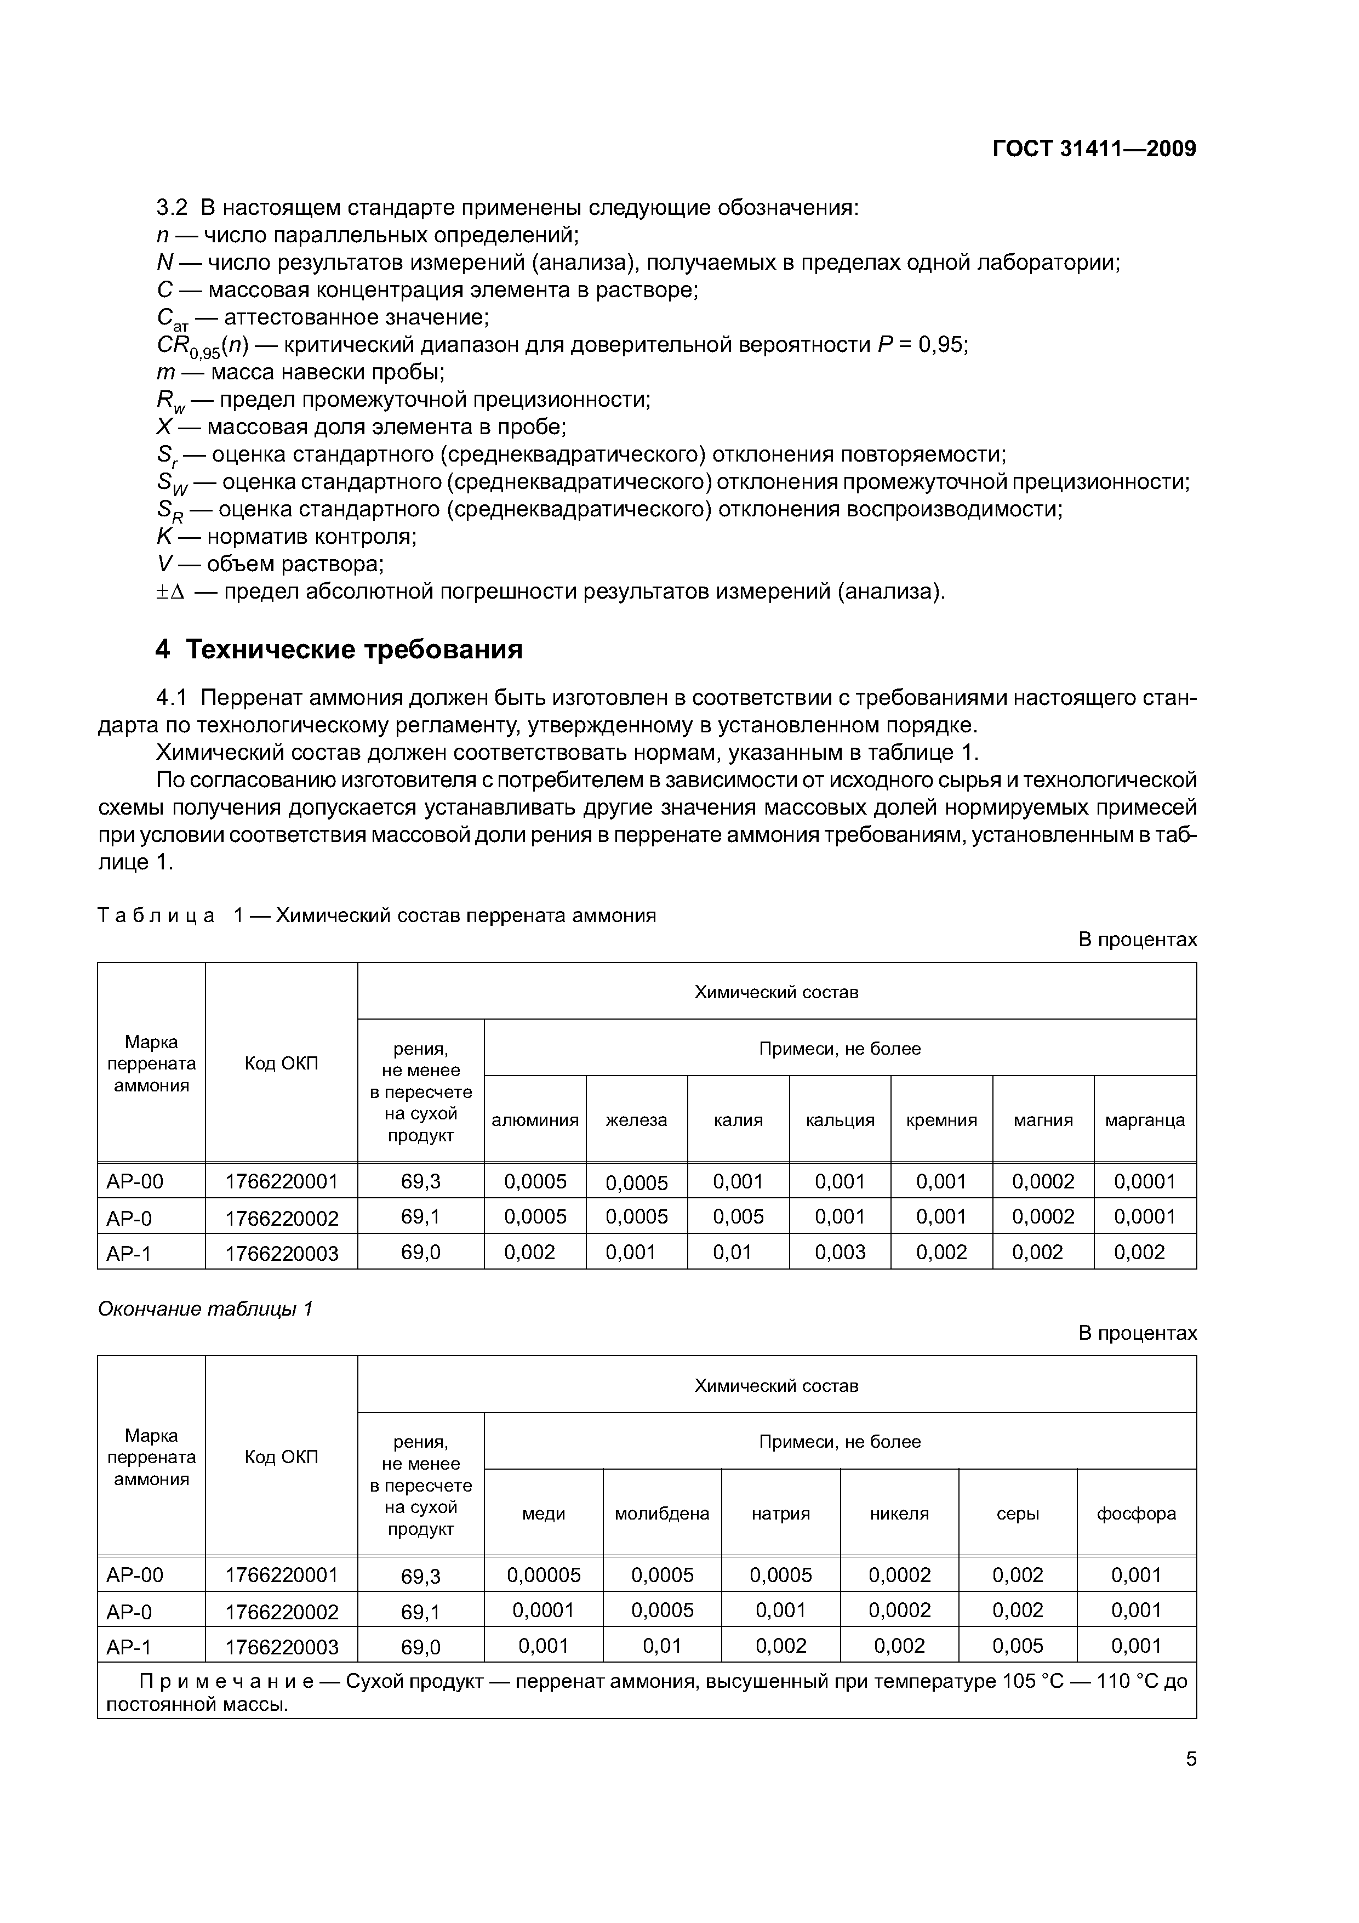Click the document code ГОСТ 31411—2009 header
tap(1094, 149)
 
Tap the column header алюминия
tap(534, 1120)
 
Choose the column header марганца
tap(1145, 1120)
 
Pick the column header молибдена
tap(661, 1514)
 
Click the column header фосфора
tap(1137, 1514)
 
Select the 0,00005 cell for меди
tap(544, 1574)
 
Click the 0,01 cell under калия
tap(738, 1252)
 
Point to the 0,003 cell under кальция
tap(840, 1252)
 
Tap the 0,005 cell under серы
tap(1018, 1646)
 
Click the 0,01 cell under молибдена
tap(661, 1646)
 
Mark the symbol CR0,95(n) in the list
tap(203, 345)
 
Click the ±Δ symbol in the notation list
tap(170, 592)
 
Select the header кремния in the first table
tap(941, 1120)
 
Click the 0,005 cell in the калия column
tap(738, 1216)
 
